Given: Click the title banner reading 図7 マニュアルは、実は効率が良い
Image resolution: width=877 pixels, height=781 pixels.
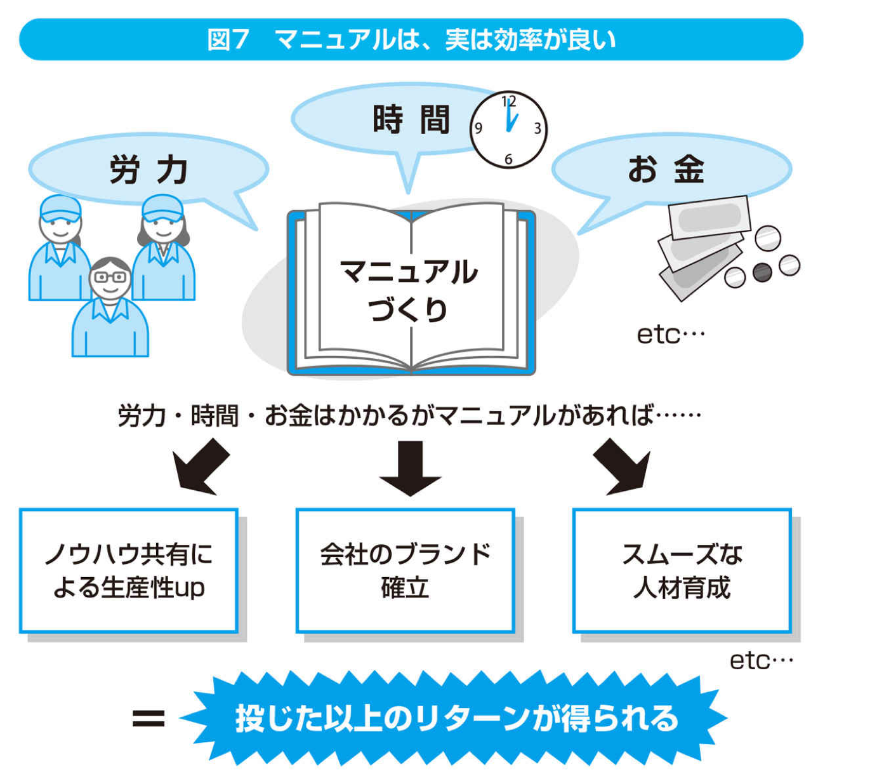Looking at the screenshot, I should click(411, 39).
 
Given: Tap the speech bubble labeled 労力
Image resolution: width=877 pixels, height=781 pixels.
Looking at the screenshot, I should click(148, 170).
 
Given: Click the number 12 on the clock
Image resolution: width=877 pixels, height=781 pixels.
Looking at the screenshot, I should click(509, 102).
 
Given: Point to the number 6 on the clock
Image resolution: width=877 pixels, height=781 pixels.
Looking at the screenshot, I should click(508, 159).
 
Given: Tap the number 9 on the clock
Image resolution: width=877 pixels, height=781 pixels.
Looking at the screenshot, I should click(478, 128).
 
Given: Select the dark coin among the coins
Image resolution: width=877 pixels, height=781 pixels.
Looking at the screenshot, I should click(762, 273).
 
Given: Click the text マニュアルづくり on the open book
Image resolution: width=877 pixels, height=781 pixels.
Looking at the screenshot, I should click(409, 290).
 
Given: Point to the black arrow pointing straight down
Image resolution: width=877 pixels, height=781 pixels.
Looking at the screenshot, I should click(410, 468).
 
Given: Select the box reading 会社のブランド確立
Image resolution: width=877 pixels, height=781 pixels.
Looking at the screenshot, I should click(405, 570).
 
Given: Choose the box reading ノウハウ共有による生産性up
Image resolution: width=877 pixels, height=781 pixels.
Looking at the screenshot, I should click(129, 570).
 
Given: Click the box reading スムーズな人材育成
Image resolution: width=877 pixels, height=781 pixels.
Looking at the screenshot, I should click(682, 570).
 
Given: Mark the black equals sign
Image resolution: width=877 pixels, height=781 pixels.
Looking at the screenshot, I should click(148, 718).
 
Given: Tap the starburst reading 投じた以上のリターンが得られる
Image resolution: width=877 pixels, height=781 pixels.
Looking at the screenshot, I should click(456, 718).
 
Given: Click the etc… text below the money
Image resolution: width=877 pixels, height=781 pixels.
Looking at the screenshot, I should click(671, 335).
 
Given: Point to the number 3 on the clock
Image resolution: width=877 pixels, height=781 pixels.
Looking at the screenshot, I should click(537, 128).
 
